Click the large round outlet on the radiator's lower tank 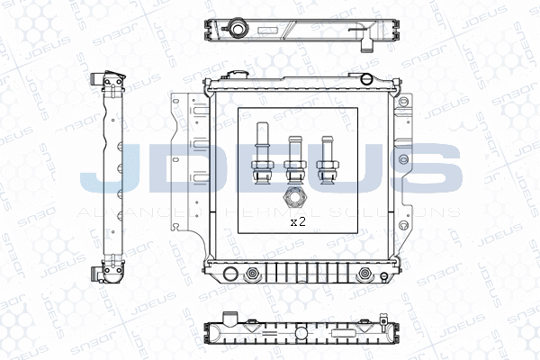(x=229, y=274)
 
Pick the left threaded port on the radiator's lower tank (x=252, y=274)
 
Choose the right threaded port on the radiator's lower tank (x=364, y=274)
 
